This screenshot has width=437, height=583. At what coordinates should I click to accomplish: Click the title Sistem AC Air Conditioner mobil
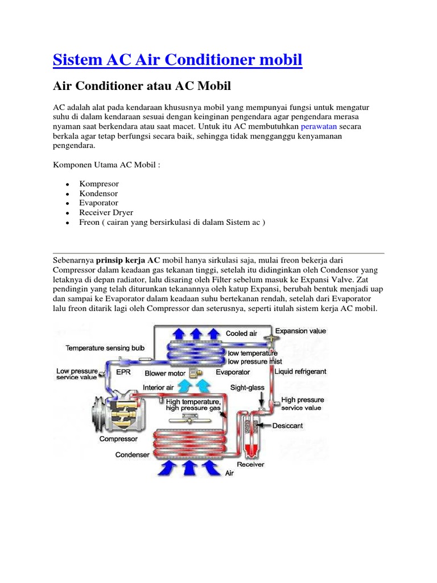pyautogui.click(x=178, y=59)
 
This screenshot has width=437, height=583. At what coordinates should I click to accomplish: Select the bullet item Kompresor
pyautogui.click(x=99, y=184)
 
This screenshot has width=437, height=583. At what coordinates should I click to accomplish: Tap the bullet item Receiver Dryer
pyautogui.click(x=106, y=213)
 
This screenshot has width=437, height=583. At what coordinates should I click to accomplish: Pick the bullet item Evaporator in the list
pyautogui.click(x=99, y=203)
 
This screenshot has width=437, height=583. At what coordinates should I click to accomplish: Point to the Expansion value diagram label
pyautogui.click(x=300, y=331)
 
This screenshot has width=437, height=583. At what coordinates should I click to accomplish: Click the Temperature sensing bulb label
pyautogui.click(x=105, y=347)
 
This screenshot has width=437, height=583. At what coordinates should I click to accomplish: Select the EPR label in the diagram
pyautogui.click(x=123, y=372)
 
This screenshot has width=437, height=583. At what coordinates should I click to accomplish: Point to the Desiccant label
pyautogui.click(x=287, y=425)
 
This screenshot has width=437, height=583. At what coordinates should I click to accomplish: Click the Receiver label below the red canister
pyautogui.click(x=250, y=464)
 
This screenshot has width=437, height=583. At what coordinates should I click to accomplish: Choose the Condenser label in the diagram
pyautogui.click(x=132, y=454)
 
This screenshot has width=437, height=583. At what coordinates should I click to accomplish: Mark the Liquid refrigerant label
pyautogui.click(x=300, y=372)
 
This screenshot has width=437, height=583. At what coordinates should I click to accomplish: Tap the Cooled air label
pyautogui.click(x=241, y=334)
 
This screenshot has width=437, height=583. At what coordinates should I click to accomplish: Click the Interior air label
pyautogui.click(x=158, y=387)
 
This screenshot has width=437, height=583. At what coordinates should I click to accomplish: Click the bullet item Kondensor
pyautogui.click(x=98, y=194)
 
